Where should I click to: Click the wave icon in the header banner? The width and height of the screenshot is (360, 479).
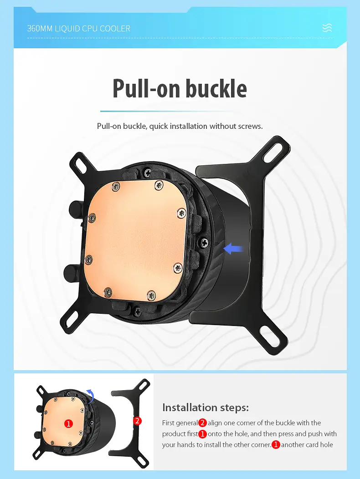click(327, 28)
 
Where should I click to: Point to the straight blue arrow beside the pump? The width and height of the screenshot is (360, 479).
click(233, 249)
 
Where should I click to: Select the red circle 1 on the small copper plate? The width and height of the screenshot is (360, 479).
click(68, 424)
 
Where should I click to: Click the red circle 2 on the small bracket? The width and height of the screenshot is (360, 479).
click(137, 421)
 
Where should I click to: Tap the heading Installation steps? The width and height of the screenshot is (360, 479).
click(206, 408)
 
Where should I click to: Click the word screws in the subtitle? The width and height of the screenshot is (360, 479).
click(251, 126)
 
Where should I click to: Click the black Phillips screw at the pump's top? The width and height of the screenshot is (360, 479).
click(148, 173)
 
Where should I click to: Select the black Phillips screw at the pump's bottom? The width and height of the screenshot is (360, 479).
click(137, 310)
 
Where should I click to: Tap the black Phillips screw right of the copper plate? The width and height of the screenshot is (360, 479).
click(204, 243)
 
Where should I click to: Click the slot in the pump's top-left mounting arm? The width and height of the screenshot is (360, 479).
click(82, 165)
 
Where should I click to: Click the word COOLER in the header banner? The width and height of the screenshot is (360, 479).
click(116, 29)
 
